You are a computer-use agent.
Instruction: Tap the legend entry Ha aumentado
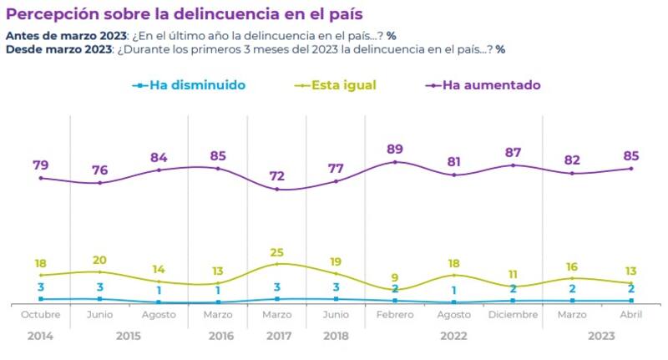[491, 85]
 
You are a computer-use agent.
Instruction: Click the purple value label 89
[395, 150]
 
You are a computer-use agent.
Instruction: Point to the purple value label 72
[276, 176]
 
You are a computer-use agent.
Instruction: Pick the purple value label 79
[40, 165]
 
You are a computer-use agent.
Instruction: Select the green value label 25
[276, 251]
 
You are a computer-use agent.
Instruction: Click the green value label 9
[395, 277]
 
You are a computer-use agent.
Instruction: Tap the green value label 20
[99, 259]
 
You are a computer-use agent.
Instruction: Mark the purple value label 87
[514, 152]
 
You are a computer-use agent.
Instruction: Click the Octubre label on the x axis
[40, 314]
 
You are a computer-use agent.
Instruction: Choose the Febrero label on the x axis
[395, 314]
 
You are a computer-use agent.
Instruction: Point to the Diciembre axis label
[514, 314]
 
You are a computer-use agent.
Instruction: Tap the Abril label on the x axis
[631, 314]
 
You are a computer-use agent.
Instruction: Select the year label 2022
[454, 336]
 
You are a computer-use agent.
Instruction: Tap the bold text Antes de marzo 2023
[66, 36]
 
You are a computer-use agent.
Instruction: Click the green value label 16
[572, 266]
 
